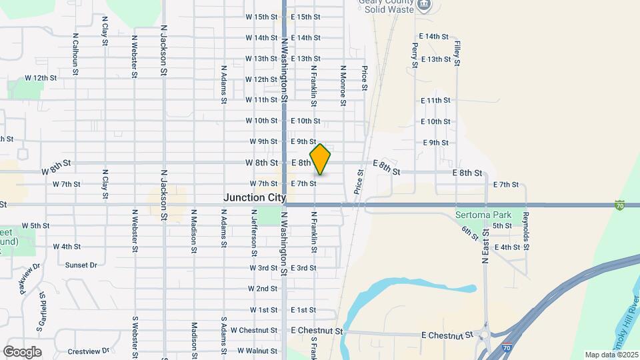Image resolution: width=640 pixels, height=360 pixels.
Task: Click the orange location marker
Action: [320, 159]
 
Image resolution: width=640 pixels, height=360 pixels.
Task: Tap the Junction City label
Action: [255, 198]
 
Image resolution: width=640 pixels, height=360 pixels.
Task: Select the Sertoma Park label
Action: [483, 215]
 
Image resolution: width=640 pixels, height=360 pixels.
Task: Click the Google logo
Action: [22, 352]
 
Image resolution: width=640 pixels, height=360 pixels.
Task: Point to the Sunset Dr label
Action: [81, 265]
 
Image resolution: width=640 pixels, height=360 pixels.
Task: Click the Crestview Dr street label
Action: [88, 351]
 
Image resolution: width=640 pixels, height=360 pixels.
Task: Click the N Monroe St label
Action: [343, 86]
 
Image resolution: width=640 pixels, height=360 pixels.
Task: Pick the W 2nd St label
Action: [262, 289]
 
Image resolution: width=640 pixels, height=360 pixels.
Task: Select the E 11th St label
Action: [435, 100]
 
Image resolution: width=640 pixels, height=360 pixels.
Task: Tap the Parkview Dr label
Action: [30, 278]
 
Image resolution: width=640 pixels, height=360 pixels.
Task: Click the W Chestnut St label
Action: [253, 330]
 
